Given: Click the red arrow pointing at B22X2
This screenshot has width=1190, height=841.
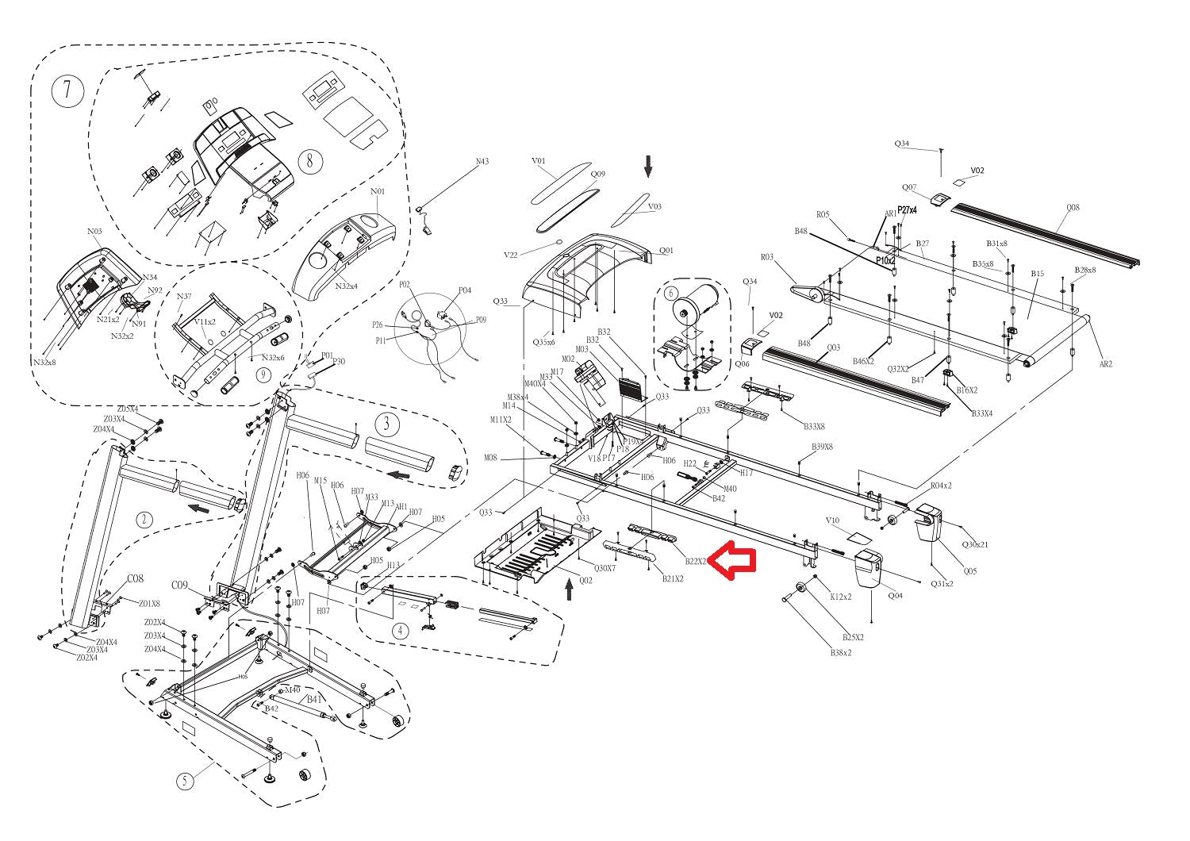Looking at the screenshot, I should click(731, 560).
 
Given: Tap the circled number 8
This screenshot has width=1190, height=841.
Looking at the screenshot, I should click(310, 161).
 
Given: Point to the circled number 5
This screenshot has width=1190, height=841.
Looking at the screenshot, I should click(185, 781).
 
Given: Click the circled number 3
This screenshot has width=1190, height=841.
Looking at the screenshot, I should click(386, 423).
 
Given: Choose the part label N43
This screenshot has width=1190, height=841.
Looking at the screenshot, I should click(482, 162).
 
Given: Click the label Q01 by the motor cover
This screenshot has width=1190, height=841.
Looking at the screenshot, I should click(666, 251).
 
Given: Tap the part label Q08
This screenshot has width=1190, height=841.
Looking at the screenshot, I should click(1073, 208).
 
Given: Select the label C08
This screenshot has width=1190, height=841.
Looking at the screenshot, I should click(135, 578).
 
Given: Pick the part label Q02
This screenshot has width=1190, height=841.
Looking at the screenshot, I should click(585, 580).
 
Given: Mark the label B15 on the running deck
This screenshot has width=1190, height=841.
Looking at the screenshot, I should click(1038, 274).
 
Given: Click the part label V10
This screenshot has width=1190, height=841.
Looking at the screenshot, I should click(832, 520).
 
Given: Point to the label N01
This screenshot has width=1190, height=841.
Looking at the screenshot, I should click(378, 192).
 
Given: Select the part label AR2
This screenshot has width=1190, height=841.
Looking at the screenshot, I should click(1106, 364).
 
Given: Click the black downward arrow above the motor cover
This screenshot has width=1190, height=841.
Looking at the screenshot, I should click(647, 167).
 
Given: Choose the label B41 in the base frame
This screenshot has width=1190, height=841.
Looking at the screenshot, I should click(315, 699).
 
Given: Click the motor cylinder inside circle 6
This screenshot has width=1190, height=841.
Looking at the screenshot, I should click(697, 302).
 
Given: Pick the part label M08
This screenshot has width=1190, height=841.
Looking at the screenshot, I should click(490, 458).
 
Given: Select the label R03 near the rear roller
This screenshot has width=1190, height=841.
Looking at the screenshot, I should click(766, 257).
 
